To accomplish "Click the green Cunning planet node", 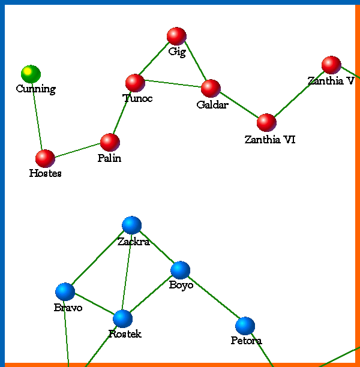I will pyautogui.click(x=31, y=74).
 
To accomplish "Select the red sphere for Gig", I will pyautogui.click(x=176, y=37).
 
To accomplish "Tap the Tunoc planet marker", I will pyautogui.click(x=135, y=83).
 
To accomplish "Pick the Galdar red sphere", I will pyautogui.click(x=211, y=88).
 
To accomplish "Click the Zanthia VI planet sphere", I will pyautogui.click(x=266, y=122).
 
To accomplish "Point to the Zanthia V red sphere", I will pyautogui.click(x=331, y=65).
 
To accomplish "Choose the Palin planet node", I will pyautogui.click(x=110, y=142).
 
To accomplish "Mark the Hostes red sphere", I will pyautogui.click(x=45, y=158).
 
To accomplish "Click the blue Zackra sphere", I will pyautogui.click(x=131, y=225).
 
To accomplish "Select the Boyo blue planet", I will pyautogui.click(x=180, y=270).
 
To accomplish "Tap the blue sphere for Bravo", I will pyautogui.click(x=65, y=292).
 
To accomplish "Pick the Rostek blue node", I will pyautogui.click(x=122, y=319).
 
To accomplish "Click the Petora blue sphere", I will pyautogui.click(x=245, y=326).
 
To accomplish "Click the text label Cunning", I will pyautogui.click(x=35, y=89).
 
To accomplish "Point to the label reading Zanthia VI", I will pyautogui.click(x=270, y=140).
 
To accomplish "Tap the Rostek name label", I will pyautogui.click(x=125, y=334).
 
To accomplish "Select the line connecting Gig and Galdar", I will pyautogui.click(x=194, y=62).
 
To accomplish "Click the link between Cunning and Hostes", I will pyautogui.click(x=38, y=116).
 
